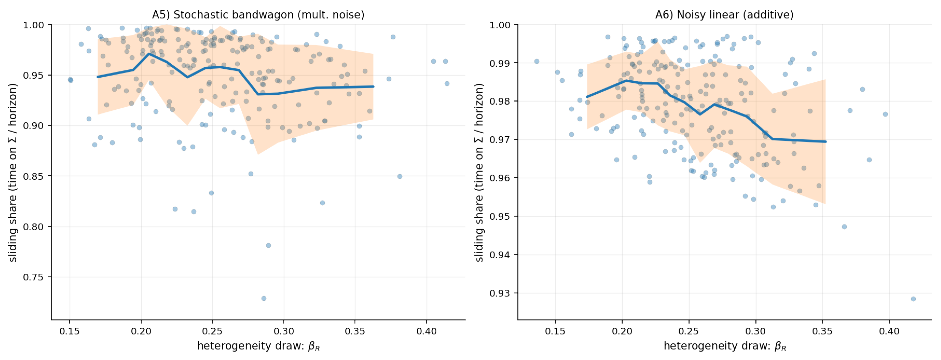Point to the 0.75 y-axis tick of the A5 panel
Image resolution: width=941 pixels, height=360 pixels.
(33, 277)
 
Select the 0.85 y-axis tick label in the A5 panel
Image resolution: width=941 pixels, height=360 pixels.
(33, 176)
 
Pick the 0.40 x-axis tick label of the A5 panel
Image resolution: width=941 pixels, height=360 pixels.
(426, 331)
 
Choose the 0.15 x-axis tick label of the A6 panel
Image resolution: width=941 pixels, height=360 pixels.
(555, 331)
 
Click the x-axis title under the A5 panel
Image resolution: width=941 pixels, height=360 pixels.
(258, 346)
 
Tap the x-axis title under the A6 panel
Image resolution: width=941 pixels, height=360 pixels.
(725, 346)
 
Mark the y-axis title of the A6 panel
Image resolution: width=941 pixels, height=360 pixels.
(479, 172)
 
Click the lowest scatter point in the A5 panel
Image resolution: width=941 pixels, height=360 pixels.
(264, 298)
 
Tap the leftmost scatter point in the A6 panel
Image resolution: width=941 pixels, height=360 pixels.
(537, 61)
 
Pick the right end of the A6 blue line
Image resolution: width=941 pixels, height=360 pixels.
(825, 142)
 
